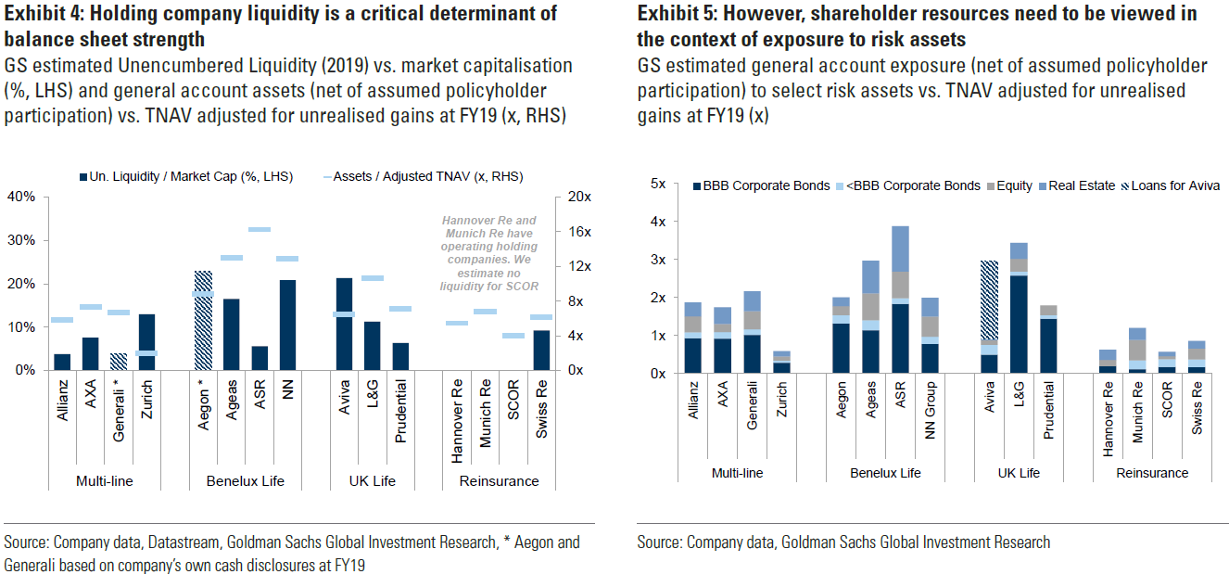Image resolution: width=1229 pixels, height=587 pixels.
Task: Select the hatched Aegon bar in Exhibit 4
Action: (x=204, y=320)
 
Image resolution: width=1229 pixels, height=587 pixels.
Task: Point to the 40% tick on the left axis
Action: (x=21, y=197)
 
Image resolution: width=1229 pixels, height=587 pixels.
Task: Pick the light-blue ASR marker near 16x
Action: (x=260, y=229)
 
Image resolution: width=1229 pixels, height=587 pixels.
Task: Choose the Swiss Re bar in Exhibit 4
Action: (x=541, y=350)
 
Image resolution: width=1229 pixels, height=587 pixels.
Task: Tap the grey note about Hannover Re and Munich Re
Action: (x=488, y=254)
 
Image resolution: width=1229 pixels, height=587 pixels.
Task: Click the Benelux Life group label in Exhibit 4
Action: (x=246, y=481)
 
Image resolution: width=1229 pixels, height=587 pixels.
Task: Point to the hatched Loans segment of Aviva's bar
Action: (x=990, y=300)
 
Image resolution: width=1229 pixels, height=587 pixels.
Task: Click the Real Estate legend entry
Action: (x=1082, y=185)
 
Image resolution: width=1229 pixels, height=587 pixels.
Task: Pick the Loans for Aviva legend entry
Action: (x=1171, y=185)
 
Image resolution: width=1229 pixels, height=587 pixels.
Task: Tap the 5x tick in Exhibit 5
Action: (x=659, y=184)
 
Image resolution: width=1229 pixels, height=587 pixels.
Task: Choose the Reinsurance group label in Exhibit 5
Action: (x=1152, y=473)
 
